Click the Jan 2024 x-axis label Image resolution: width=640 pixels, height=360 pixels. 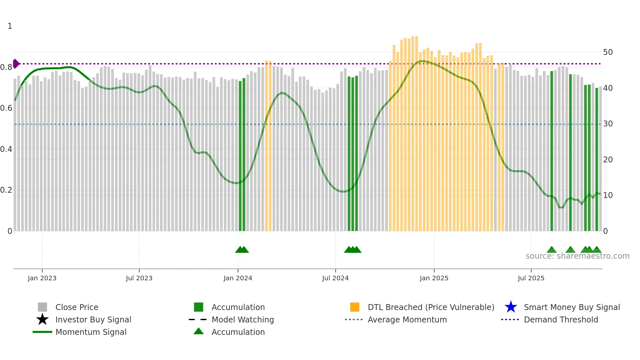point(238,278)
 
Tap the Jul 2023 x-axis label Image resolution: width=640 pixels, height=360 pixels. point(139,278)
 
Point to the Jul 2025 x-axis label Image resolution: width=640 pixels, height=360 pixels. point(531,278)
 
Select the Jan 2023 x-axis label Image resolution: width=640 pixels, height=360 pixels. point(42,278)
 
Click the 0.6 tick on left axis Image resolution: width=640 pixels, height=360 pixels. point(6,108)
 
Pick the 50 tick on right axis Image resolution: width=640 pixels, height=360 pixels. point(608,52)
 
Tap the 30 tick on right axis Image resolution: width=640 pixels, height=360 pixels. point(608,124)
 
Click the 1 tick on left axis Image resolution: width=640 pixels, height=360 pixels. point(10,26)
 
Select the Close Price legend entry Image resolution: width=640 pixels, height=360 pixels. point(77,307)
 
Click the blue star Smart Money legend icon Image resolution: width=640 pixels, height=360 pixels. point(511,307)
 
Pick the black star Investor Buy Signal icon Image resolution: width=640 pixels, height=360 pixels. point(42,319)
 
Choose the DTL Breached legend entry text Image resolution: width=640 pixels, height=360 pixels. point(431,307)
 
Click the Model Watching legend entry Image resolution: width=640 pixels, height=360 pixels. point(243,319)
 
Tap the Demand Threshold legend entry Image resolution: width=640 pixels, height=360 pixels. point(561,319)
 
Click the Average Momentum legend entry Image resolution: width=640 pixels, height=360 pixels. point(407,319)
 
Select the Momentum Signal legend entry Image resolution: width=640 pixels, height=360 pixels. point(91,332)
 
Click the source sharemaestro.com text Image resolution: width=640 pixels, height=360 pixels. point(577,256)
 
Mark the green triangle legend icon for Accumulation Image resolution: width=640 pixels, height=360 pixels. point(199,331)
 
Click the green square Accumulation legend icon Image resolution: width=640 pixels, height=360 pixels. point(199,307)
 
